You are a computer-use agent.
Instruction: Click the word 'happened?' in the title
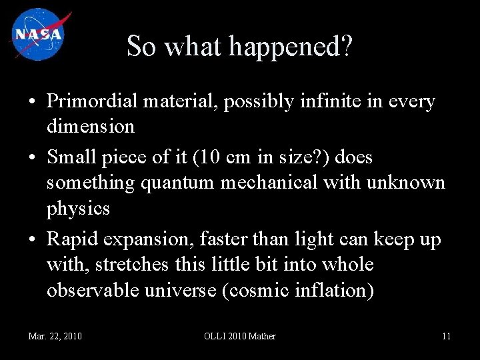291,47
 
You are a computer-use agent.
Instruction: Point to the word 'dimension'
91,126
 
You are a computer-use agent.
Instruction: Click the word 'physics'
78,208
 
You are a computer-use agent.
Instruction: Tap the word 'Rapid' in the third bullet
71,240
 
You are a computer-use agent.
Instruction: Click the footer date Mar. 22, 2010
55,336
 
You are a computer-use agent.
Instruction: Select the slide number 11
446,336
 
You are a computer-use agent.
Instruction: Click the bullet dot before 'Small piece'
32,159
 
